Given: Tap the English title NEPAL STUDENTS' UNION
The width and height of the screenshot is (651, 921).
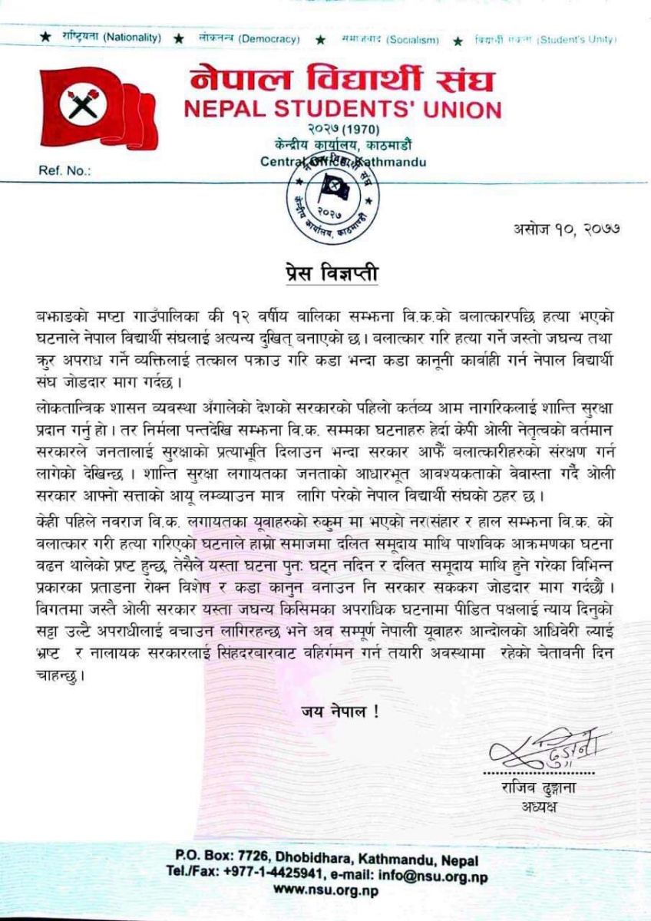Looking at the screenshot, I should (342, 110).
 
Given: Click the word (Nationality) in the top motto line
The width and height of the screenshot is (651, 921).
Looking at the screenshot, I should (132, 38).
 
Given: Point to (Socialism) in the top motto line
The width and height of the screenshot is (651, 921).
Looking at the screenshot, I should (413, 38).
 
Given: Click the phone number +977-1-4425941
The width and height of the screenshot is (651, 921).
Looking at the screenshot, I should (297, 875).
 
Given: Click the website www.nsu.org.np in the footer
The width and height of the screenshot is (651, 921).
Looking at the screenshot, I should (325, 891).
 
